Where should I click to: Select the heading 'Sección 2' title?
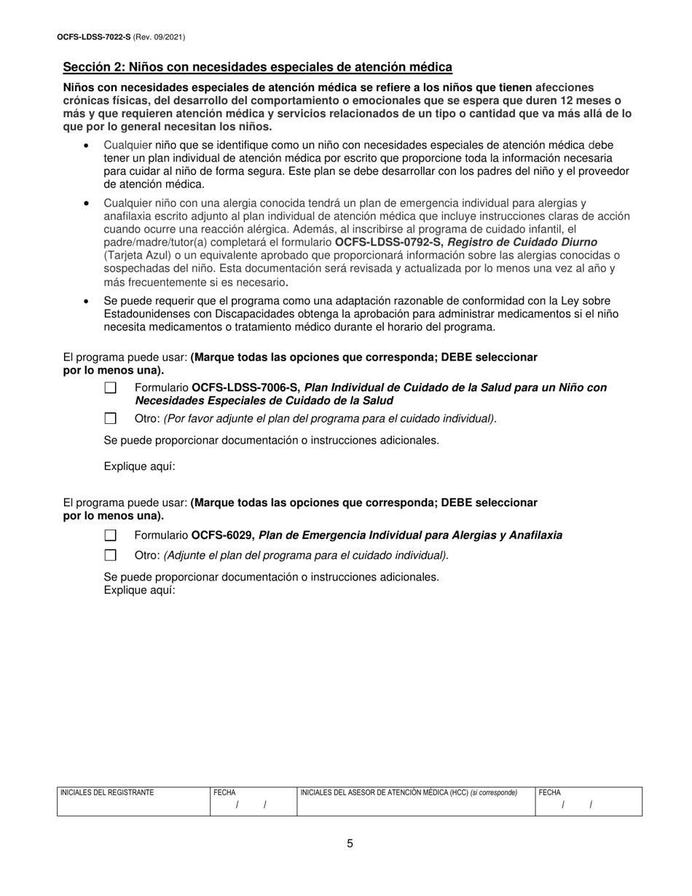[x=257, y=67]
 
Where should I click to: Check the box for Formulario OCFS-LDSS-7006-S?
[x=111, y=388]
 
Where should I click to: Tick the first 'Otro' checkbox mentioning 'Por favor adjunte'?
[x=111, y=418]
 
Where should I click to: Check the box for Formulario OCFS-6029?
[x=111, y=535]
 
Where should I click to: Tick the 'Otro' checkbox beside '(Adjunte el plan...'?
[x=111, y=555]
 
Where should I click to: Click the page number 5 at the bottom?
[x=350, y=844]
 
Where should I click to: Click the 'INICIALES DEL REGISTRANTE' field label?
[x=107, y=793]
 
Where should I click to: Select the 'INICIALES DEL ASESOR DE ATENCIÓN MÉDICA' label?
[x=384, y=793]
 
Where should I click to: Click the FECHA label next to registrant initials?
[x=224, y=793]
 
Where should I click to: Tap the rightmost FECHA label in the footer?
[x=549, y=793]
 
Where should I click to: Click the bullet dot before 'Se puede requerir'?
[x=87, y=301]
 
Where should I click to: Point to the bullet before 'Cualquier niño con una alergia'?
[x=87, y=203]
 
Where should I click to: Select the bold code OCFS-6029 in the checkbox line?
[x=222, y=535]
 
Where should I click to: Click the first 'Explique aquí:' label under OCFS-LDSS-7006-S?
[x=139, y=466]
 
